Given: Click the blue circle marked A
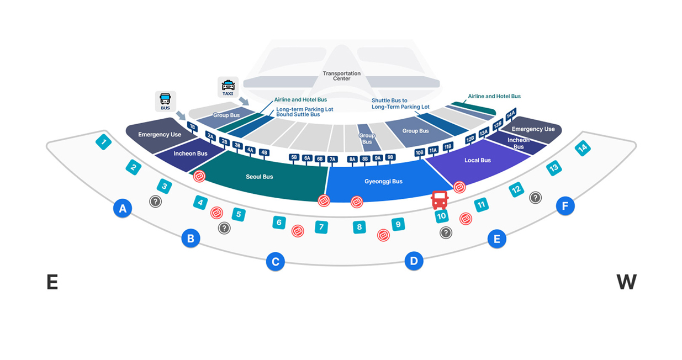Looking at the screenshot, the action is point(123,209).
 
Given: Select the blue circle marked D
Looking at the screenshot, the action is point(414,261).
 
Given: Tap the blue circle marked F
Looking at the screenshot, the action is point(565,206).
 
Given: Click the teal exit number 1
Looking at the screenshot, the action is point(103,142).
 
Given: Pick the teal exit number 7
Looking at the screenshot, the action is point(321,227).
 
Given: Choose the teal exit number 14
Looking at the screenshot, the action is point(583,148).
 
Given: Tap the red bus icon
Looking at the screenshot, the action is point(440,200).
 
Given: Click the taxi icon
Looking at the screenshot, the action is point(228,87).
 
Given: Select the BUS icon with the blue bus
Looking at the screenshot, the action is point(165,102).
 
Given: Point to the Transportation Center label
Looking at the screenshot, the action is point(342,76).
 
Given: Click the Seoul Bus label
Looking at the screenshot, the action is point(260,177).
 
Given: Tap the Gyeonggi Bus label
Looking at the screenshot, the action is point(383,181).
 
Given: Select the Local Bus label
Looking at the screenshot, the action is point(477,160).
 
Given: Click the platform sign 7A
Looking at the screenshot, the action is point(332,160).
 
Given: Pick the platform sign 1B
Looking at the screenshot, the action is point(192,126).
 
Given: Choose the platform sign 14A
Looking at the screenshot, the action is point(511,114).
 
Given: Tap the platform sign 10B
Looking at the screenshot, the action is point(419,152).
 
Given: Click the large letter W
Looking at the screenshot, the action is point(626,282).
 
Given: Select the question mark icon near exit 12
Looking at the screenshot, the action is point(535,198).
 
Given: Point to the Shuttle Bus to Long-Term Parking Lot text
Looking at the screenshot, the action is point(400,103).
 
